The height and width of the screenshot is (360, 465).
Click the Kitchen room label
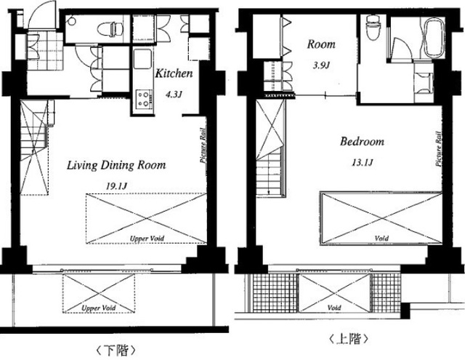(x=174, y=73)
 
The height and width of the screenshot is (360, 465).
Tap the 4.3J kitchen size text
(x=174, y=95)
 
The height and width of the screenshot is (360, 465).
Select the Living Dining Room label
(x=116, y=165)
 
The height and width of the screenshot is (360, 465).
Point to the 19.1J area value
(x=116, y=185)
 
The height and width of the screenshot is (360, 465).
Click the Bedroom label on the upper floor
(x=362, y=141)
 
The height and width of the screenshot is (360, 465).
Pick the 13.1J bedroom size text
(x=362, y=162)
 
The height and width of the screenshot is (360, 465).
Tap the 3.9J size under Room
(x=321, y=65)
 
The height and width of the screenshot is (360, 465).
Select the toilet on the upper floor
(x=373, y=28)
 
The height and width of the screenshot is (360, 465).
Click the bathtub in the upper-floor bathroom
(x=434, y=36)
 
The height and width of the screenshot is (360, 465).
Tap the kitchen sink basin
(x=142, y=59)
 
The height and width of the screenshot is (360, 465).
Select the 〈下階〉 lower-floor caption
(x=116, y=351)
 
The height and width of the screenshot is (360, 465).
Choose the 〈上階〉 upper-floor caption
(x=349, y=339)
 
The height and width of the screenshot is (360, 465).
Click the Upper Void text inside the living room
(x=147, y=239)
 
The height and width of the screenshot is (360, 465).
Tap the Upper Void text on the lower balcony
(x=99, y=308)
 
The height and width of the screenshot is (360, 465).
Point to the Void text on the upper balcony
(x=334, y=308)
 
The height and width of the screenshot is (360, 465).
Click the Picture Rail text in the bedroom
(x=438, y=148)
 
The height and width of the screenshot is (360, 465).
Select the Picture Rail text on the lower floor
(x=203, y=145)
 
